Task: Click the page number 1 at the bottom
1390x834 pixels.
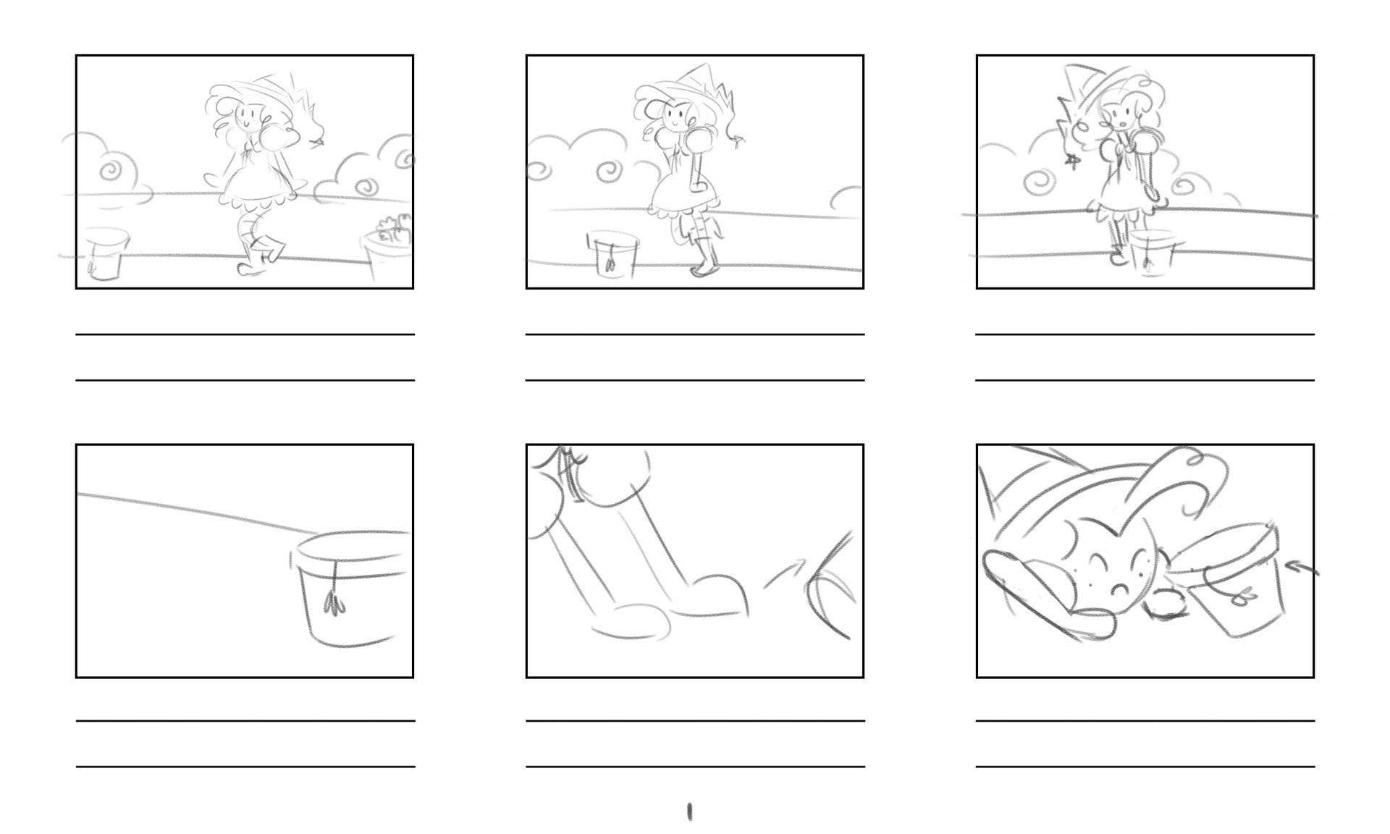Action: tap(689, 812)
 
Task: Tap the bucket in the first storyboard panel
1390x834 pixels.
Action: tap(106, 253)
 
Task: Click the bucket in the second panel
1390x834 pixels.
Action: tap(613, 255)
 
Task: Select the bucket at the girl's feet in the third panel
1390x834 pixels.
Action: tap(1153, 253)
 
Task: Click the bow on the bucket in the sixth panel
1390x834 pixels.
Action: tap(1244, 599)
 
